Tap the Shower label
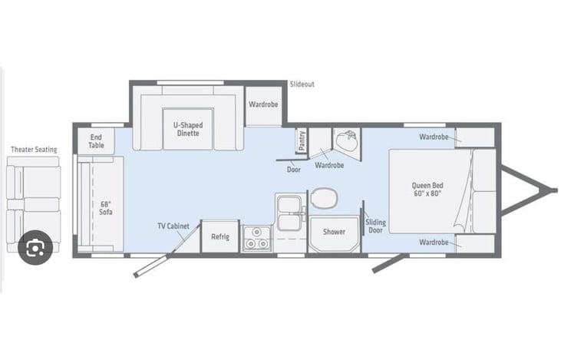[334, 232]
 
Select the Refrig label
[220, 236]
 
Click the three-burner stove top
[257, 238]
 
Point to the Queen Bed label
[427, 190]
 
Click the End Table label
[96, 141]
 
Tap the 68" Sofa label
[106, 208]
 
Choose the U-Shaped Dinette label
[188, 129]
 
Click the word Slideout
[302, 84]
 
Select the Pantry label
[302, 140]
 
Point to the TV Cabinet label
[173, 226]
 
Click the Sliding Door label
[376, 226]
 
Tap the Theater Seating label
[34, 150]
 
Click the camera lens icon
[35, 247]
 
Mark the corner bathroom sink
[346, 140]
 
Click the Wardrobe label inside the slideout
[263, 104]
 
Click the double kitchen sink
[289, 213]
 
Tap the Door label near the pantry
[294, 170]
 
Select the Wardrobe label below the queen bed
[434, 243]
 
